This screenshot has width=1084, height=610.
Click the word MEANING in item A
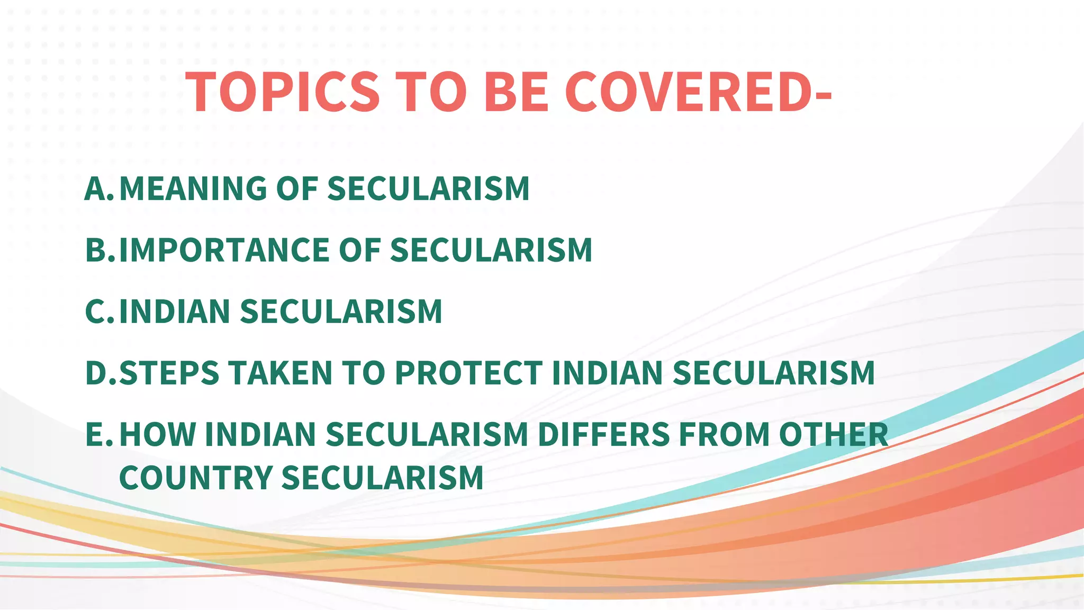coord(193,189)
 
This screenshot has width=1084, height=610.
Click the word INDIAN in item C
coord(175,311)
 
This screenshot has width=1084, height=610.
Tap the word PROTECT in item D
coord(469,373)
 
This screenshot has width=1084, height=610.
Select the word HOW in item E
coord(158,434)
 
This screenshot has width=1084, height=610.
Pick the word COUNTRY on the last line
coord(196,478)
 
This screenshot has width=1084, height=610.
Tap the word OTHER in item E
coord(834,434)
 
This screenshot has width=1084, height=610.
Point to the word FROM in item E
coord(724,434)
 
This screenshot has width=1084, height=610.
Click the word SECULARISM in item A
coord(428,189)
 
